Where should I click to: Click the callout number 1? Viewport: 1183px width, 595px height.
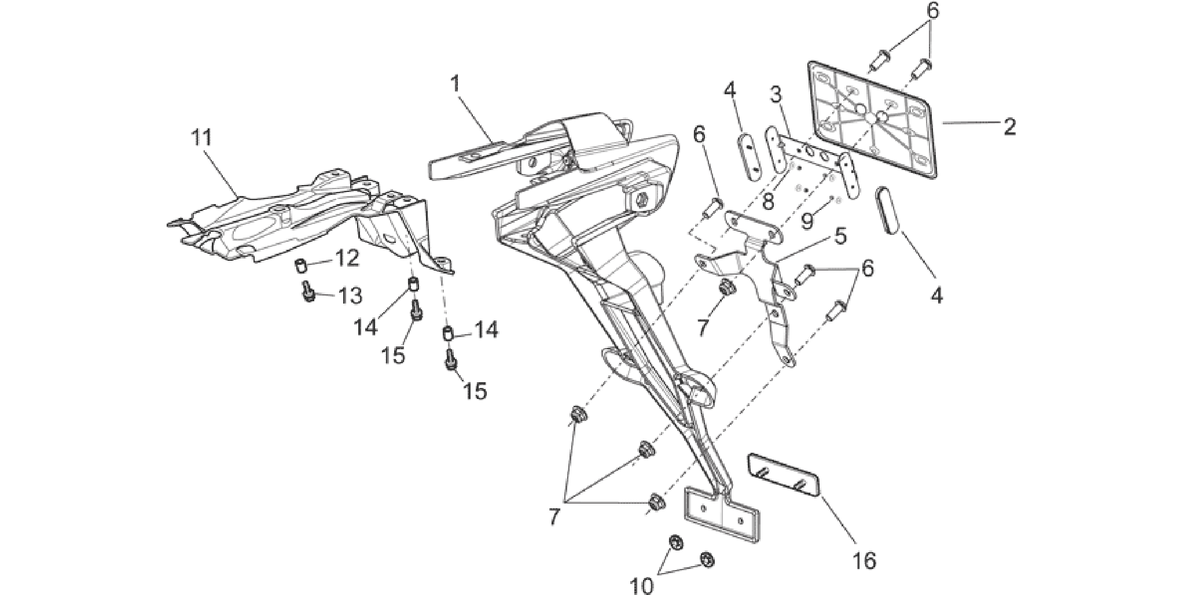click(x=455, y=84)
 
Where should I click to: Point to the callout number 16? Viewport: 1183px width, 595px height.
click(x=865, y=560)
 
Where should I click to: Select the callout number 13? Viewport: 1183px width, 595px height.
click(x=350, y=296)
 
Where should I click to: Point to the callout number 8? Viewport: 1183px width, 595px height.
click(x=768, y=201)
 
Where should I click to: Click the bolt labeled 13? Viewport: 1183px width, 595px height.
click(x=308, y=291)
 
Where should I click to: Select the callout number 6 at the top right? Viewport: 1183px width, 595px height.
click(x=932, y=11)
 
